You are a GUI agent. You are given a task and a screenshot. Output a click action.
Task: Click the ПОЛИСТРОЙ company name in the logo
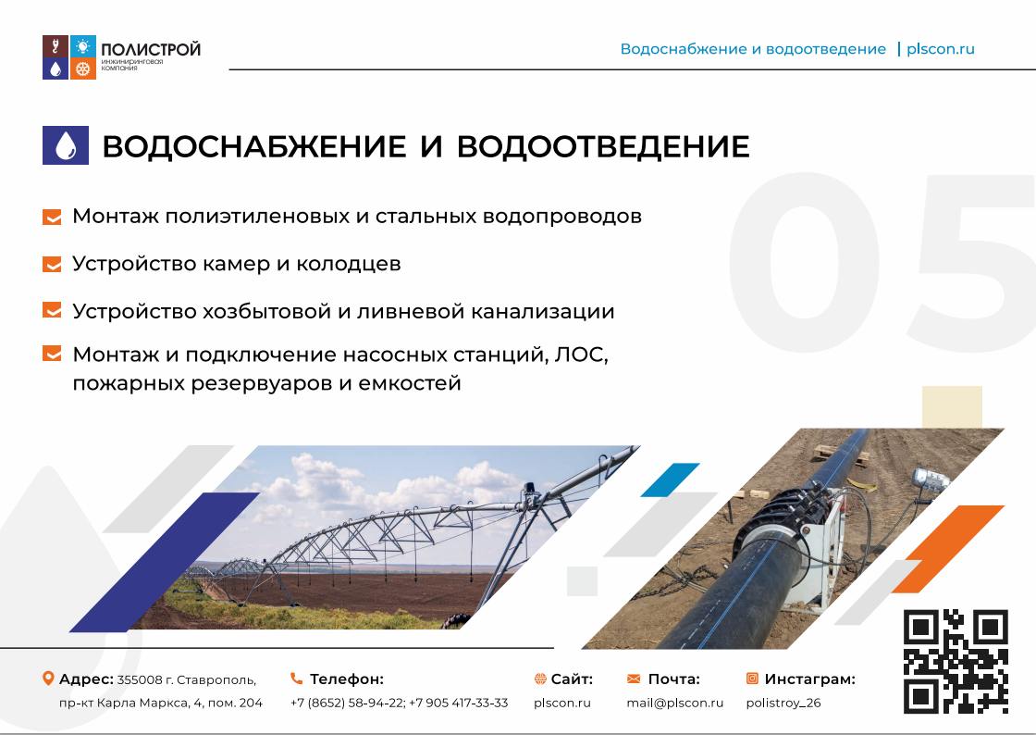151,50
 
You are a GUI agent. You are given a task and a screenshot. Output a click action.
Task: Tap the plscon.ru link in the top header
940,49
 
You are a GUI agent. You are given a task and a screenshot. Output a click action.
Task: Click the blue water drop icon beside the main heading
66,145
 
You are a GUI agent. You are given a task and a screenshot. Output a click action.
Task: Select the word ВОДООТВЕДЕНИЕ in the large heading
603,147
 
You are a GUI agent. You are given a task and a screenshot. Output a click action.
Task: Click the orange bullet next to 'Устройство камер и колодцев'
52,265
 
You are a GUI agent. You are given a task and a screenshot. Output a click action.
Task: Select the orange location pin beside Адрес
47,679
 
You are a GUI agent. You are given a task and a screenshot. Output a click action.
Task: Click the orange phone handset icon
297,679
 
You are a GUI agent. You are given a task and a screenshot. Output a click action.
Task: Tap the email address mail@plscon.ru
674,703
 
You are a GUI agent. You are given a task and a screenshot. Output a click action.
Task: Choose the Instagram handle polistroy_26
783,704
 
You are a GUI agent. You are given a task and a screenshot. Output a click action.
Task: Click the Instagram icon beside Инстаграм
752,679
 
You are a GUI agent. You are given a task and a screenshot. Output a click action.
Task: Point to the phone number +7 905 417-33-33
459,703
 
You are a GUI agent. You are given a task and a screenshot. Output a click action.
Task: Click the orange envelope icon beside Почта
634,679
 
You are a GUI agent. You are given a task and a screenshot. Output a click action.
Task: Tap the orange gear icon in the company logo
82,69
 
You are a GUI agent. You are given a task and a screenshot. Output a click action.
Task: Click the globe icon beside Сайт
540,679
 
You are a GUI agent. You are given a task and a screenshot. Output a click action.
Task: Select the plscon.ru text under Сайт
562,704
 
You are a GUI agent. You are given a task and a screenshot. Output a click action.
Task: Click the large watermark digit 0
804,262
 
